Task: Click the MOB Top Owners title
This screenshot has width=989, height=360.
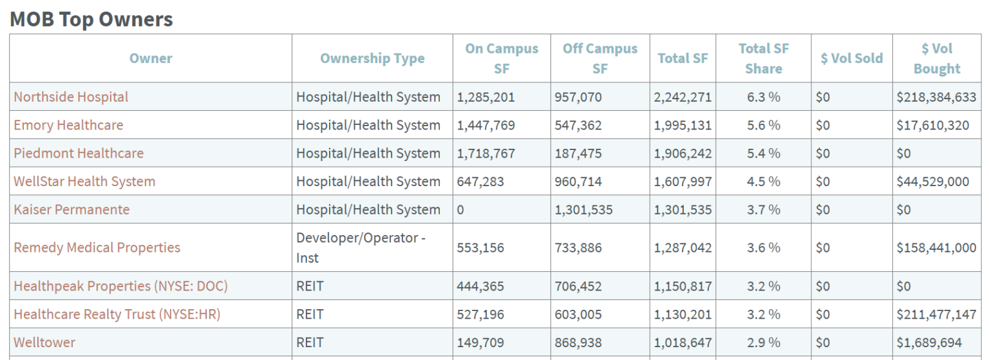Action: pyautogui.click(x=91, y=19)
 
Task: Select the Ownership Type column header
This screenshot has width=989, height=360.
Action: pyautogui.click(x=372, y=59)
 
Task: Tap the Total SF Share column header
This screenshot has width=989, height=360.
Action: pyautogui.click(x=764, y=59)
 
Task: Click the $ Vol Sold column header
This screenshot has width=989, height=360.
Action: pyautogui.click(x=852, y=59)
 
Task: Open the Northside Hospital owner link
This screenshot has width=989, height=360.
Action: pyautogui.click(x=71, y=97)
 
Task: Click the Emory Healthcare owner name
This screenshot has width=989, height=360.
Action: pyautogui.click(x=68, y=125)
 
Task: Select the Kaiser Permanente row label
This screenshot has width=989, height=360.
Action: pyautogui.click(x=71, y=209)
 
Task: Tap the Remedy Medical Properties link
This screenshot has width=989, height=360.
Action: pyautogui.click(x=97, y=247)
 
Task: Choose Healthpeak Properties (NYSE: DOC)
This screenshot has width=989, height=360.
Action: pyautogui.click(x=121, y=286)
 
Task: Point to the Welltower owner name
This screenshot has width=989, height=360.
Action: pyautogui.click(x=44, y=343)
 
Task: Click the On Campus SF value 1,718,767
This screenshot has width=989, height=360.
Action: pyautogui.click(x=485, y=153)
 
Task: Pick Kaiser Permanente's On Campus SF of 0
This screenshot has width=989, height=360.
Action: pyautogui.click(x=460, y=209)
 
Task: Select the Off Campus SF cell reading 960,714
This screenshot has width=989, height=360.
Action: pyautogui.click(x=578, y=182)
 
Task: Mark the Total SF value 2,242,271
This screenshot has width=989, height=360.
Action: pyautogui.click(x=683, y=97)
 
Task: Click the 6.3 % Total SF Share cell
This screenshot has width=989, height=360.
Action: pyautogui.click(x=764, y=97)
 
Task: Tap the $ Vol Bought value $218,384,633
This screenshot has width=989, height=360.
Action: pyautogui.click(x=936, y=97)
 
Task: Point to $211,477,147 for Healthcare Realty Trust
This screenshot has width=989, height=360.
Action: pyautogui.click(x=936, y=314)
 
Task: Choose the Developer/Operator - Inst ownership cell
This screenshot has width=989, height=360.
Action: pyautogui.click(x=361, y=247)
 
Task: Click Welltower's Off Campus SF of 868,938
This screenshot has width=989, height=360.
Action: pyautogui.click(x=578, y=343)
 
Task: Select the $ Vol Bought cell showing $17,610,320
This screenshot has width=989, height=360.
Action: pyautogui.click(x=932, y=125)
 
